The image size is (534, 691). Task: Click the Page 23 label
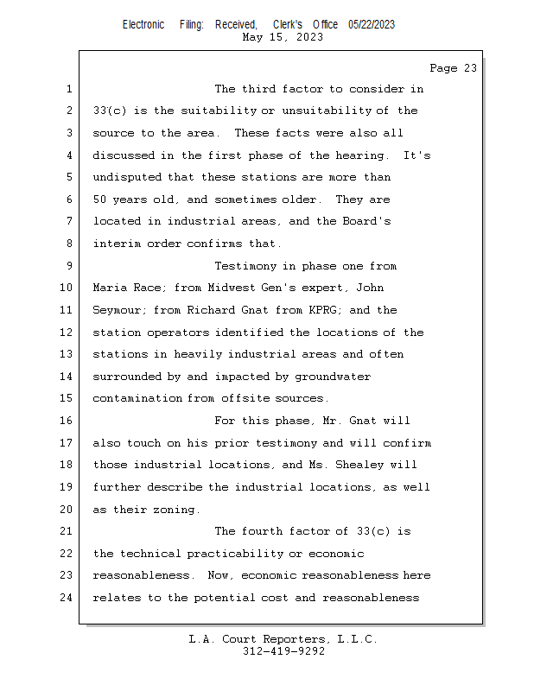(x=453, y=68)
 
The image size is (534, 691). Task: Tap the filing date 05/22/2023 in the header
(x=372, y=25)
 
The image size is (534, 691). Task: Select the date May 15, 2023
(x=283, y=37)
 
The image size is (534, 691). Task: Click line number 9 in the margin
(x=68, y=266)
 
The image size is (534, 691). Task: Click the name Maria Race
(x=126, y=288)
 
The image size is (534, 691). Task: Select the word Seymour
(x=117, y=310)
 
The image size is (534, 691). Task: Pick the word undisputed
(x=126, y=178)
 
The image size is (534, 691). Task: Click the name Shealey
(x=351, y=465)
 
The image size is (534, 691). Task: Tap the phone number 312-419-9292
(x=283, y=651)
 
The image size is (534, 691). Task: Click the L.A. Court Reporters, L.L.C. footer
(x=283, y=639)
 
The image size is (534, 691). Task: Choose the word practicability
(x=225, y=554)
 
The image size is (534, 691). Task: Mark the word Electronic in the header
(x=143, y=25)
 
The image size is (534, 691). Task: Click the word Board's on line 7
(x=367, y=222)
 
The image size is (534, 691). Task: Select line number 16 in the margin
(x=67, y=421)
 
